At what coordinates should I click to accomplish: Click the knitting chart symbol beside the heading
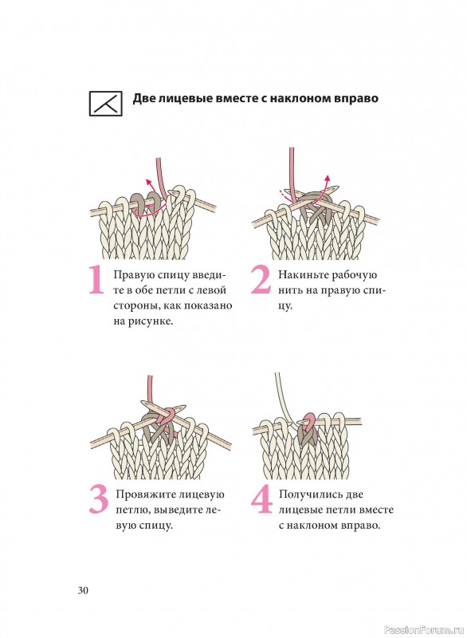(105, 104)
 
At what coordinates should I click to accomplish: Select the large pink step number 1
(96, 280)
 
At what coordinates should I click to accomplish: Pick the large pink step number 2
(261, 280)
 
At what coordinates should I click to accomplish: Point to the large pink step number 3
(98, 500)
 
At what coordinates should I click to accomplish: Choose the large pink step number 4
(261, 500)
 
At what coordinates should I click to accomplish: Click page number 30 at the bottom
(83, 590)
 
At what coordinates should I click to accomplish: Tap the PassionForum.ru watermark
(424, 629)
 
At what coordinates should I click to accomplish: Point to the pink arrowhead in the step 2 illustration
(328, 177)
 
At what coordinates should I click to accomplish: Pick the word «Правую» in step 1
(132, 275)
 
